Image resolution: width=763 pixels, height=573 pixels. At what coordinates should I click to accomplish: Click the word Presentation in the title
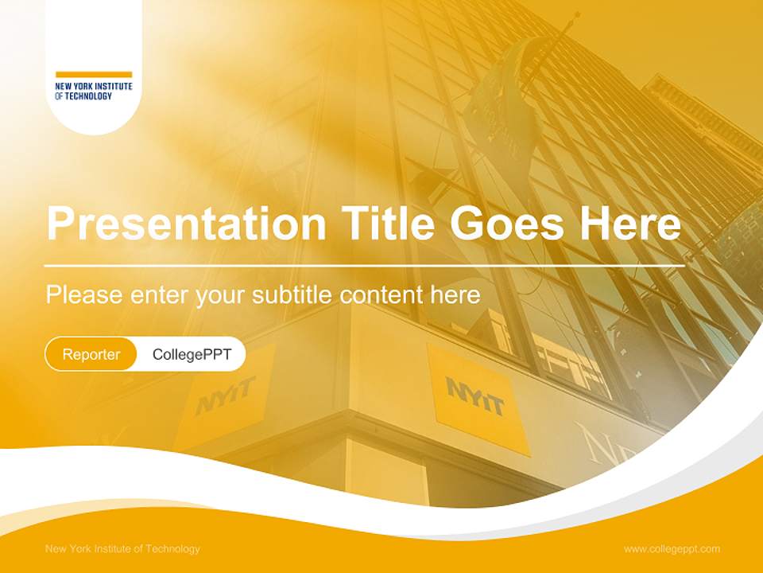tap(186, 224)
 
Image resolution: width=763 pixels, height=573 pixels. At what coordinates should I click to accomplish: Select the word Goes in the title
tap(509, 224)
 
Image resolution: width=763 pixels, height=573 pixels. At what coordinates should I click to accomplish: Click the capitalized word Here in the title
tap(630, 224)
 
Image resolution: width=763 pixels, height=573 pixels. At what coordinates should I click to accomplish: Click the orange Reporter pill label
tap(91, 354)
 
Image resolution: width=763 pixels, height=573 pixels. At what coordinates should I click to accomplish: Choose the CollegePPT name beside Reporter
tap(192, 354)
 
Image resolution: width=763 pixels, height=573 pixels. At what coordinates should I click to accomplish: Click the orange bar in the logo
tap(94, 75)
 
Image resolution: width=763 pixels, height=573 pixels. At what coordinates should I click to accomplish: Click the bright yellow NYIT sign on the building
tap(476, 397)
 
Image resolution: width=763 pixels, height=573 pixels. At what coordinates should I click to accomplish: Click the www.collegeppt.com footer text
tap(672, 548)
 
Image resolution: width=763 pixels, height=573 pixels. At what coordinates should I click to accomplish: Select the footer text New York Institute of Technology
tap(123, 548)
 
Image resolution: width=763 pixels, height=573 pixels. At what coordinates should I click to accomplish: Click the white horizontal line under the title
tap(365, 265)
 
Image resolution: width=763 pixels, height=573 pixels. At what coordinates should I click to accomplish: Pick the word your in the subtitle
tap(222, 296)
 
